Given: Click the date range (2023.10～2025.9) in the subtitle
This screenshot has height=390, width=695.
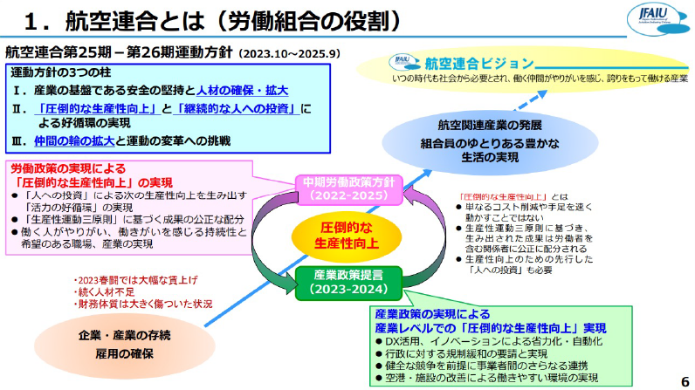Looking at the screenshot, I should [288, 52].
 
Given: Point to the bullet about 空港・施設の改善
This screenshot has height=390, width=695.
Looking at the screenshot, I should [498, 378].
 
